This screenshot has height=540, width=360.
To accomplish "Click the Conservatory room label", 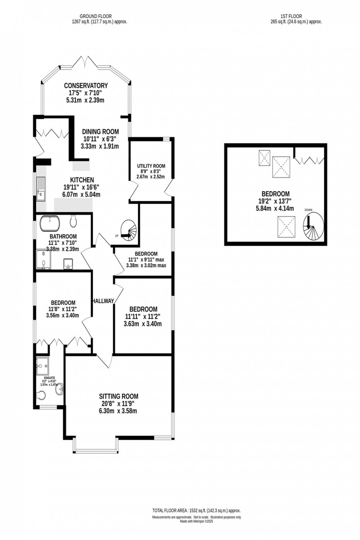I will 86,86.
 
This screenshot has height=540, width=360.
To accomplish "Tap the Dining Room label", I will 100,132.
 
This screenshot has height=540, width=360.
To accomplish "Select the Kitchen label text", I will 82,180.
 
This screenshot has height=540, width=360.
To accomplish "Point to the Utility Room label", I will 151,166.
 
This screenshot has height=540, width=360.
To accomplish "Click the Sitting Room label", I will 119,396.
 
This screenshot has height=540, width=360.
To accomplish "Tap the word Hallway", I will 103,301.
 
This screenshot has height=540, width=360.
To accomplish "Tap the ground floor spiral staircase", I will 129,230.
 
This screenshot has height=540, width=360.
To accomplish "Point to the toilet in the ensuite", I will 42,395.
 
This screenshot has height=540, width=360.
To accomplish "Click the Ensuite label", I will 49,378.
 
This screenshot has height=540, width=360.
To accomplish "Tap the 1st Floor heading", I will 291,16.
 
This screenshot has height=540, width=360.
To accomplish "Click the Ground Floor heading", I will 96,16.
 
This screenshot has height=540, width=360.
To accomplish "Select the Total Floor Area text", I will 197,511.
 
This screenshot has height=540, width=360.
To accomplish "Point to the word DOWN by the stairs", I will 308,210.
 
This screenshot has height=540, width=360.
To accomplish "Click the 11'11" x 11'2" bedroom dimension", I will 143,317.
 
